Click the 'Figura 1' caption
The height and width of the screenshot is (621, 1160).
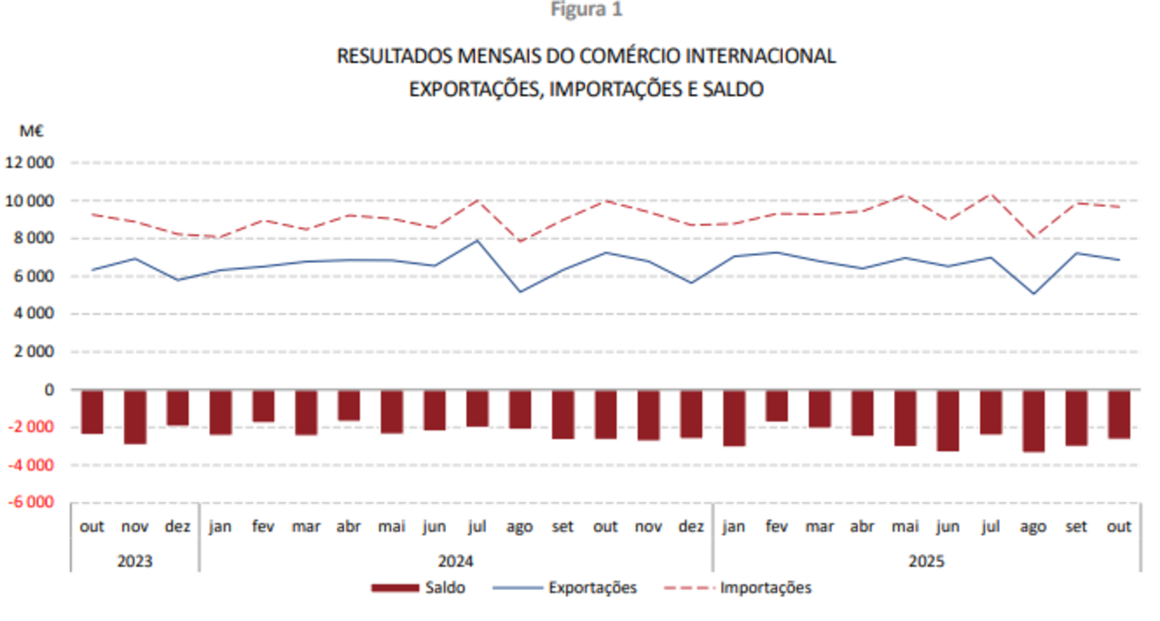tap(586, 10)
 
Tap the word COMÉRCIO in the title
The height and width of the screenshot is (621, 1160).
tap(627, 56)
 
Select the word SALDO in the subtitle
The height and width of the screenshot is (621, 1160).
tap(732, 90)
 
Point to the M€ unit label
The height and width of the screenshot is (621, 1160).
tap(33, 131)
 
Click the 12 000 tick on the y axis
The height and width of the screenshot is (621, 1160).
tap(30, 163)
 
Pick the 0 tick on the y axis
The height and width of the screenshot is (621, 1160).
tap(48, 389)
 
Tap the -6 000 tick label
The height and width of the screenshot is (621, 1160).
tap(30, 502)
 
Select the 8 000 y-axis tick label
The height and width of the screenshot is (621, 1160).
tap(33, 238)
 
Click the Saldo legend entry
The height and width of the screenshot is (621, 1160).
tap(418, 588)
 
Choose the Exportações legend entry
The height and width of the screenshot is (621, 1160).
tap(565, 588)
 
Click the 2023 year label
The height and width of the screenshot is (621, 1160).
tap(134, 560)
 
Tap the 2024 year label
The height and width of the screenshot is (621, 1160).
tap(455, 560)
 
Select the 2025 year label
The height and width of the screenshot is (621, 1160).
tap(927, 560)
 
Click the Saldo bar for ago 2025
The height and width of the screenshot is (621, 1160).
tap(1033, 420)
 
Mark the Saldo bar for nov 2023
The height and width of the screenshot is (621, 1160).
tap(134, 416)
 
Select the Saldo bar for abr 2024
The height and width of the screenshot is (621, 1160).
tap(349, 405)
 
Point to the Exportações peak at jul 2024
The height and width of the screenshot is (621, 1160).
tap(477, 240)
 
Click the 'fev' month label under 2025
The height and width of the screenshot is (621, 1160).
tap(776, 527)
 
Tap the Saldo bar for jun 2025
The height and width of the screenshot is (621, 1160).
tap(947, 420)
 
